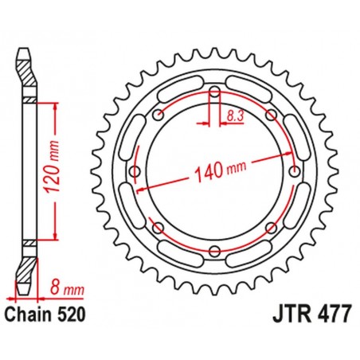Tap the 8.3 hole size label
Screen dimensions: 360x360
(x=233, y=115)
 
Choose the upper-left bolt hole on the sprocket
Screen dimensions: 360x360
(x=159, y=116)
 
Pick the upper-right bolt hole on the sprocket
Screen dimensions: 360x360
(x=271, y=116)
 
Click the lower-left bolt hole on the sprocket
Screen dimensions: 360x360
(x=159, y=229)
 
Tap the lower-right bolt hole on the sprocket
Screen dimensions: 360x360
(x=271, y=229)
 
